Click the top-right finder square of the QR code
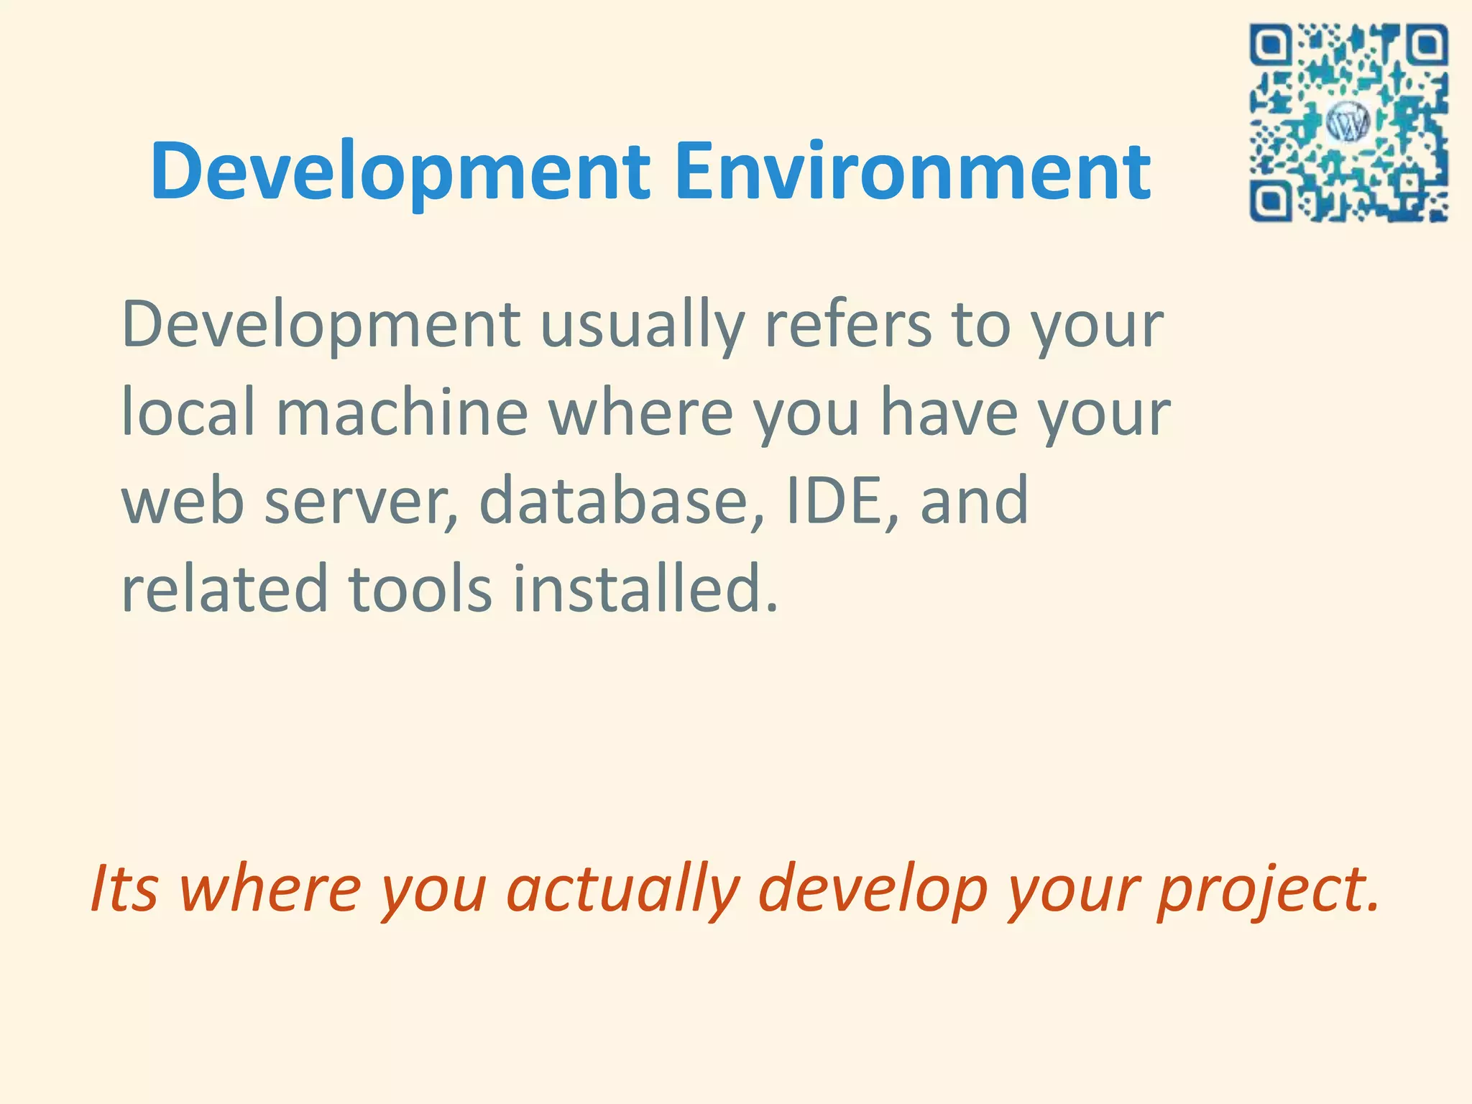pyautogui.click(x=1426, y=45)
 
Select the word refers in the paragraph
pyautogui.click(x=847, y=325)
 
